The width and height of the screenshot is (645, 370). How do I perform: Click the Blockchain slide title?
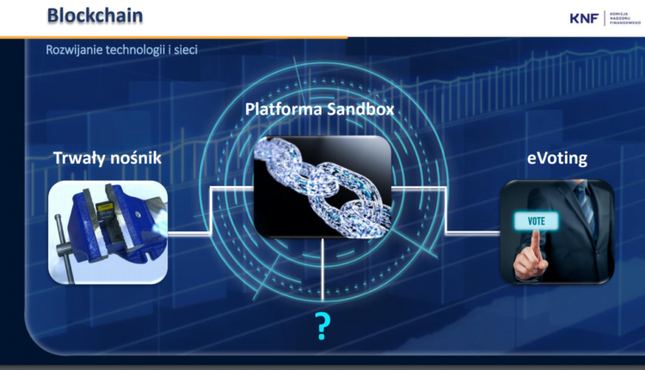95,16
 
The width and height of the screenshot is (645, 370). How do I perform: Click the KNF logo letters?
585,17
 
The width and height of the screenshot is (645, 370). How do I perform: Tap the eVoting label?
556,158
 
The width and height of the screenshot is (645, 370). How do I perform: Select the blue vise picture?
107,231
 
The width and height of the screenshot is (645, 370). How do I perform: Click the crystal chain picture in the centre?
322,186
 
